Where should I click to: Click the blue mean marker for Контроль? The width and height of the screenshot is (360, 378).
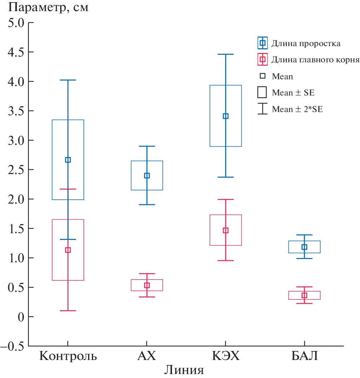pos(68,160)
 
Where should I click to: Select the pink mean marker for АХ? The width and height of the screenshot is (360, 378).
pos(147,285)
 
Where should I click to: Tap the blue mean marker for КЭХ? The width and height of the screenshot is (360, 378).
pos(226,116)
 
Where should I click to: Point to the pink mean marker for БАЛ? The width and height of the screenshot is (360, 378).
pos(304,295)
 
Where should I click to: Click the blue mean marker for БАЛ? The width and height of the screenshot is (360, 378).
pos(304,247)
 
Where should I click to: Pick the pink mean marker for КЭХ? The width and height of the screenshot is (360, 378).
pos(226,231)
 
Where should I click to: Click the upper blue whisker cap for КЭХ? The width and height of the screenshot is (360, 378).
pos(226,54)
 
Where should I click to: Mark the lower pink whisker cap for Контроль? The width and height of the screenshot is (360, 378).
pos(68,311)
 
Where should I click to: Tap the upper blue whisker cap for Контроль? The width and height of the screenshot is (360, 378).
pos(68,80)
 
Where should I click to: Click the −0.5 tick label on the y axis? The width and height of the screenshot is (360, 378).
pos(12,346)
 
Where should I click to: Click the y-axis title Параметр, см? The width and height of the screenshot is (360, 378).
pos(45,8)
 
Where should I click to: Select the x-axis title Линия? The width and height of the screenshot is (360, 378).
pos(184,370)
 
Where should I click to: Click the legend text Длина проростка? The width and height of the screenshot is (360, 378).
pos(306,44)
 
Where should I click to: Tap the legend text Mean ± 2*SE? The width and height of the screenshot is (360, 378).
pos(297,109)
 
